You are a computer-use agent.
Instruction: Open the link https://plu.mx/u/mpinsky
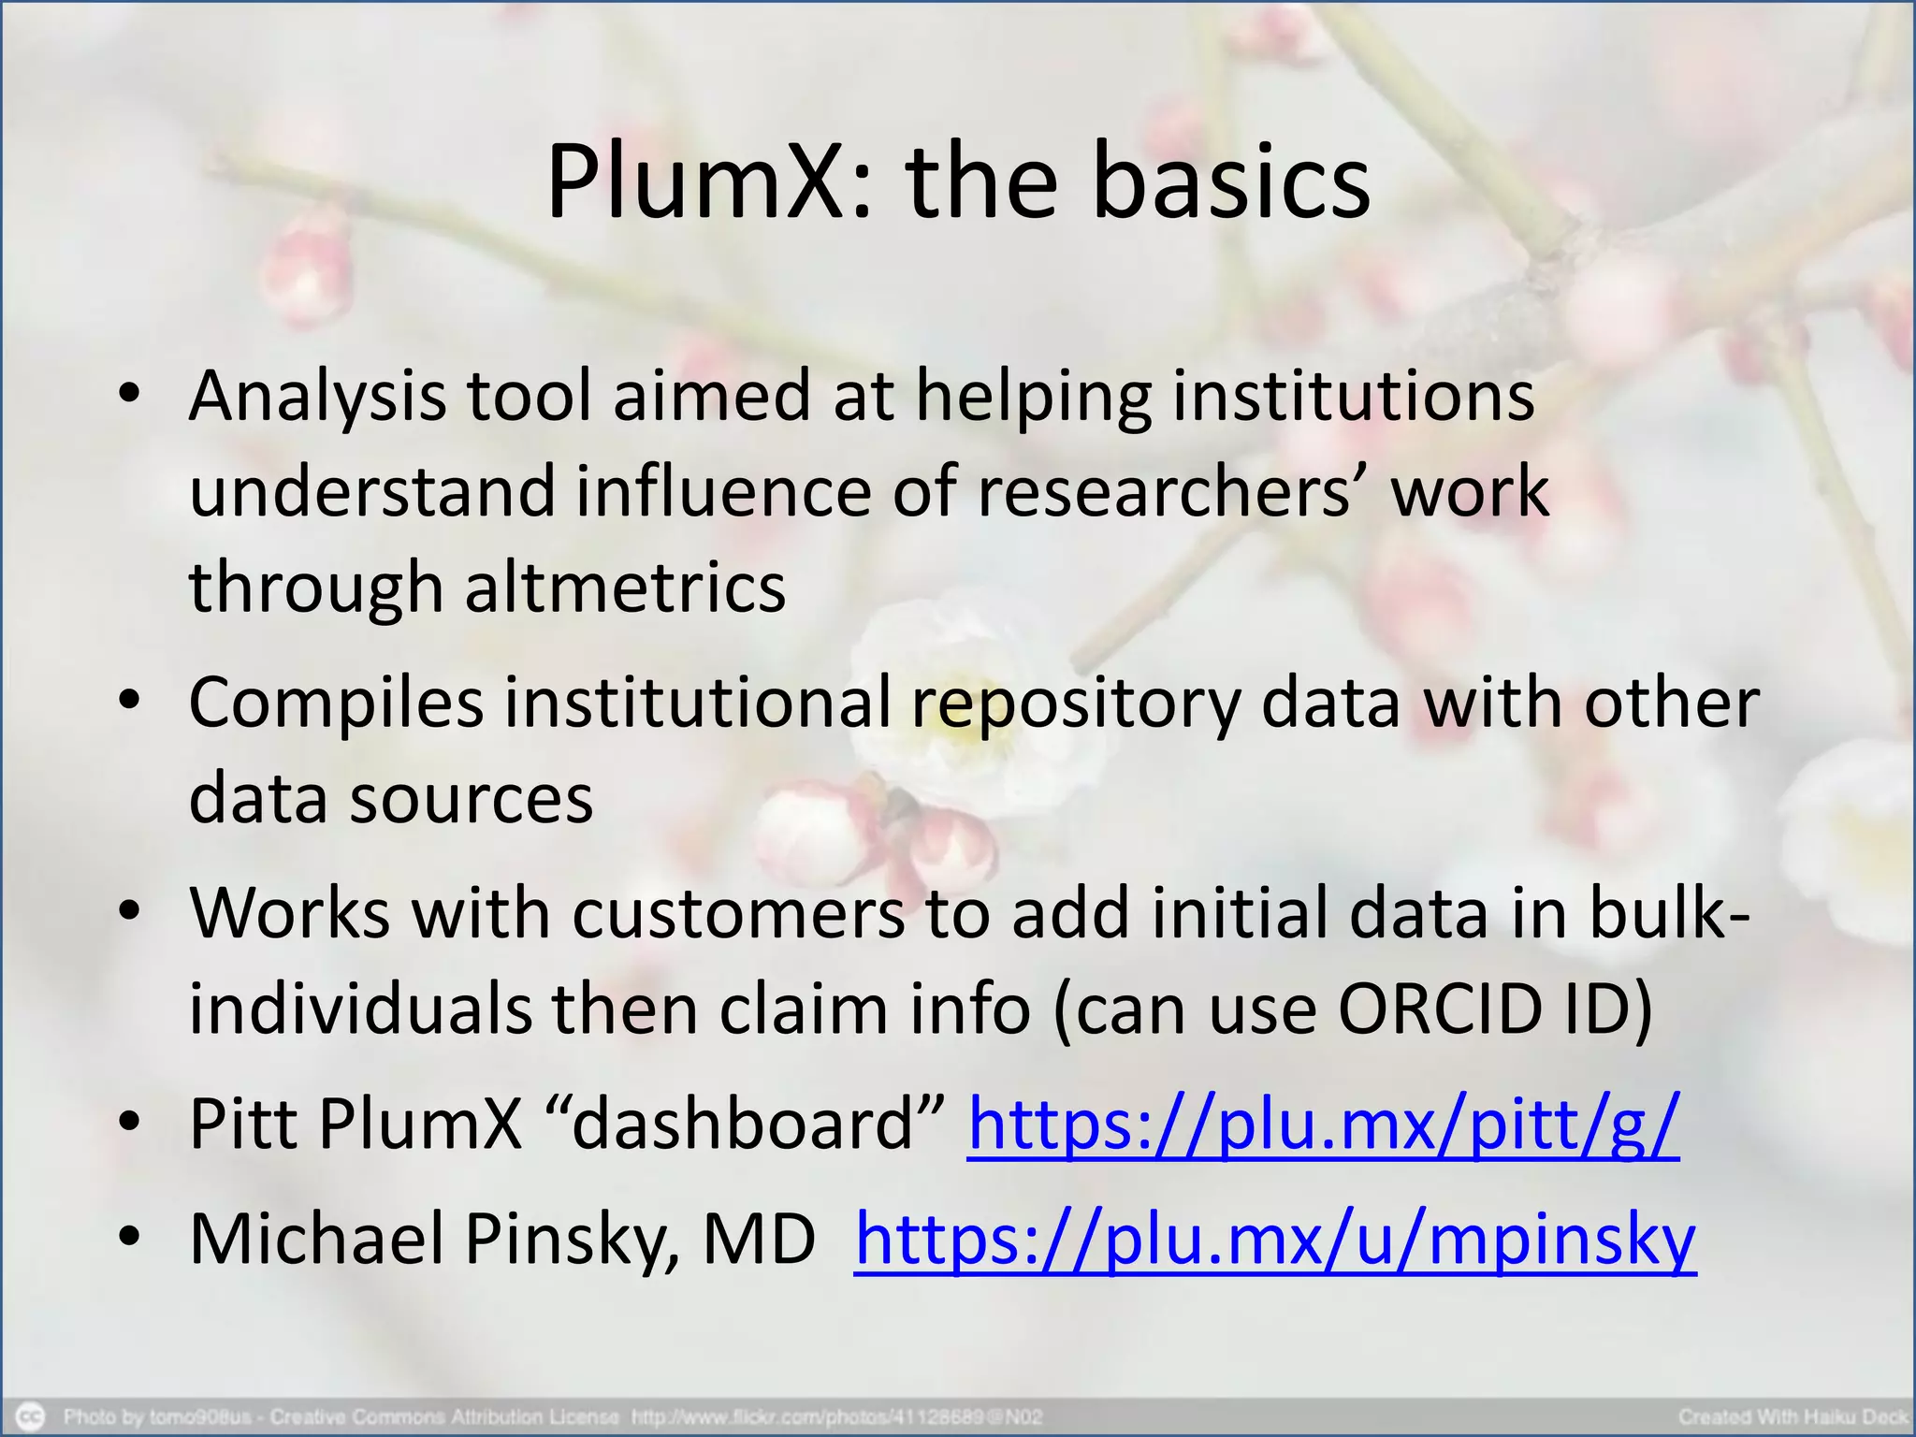coord(1275,1239)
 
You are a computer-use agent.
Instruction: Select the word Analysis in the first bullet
coord(317,397)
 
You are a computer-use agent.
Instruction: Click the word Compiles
coord(336,703)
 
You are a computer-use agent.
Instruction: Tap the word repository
coord(1076,703)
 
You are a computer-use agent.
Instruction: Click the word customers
coord(738,913)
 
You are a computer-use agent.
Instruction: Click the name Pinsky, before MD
coord(572,1239)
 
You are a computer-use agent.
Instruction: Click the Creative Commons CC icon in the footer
coord(30,1416)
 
